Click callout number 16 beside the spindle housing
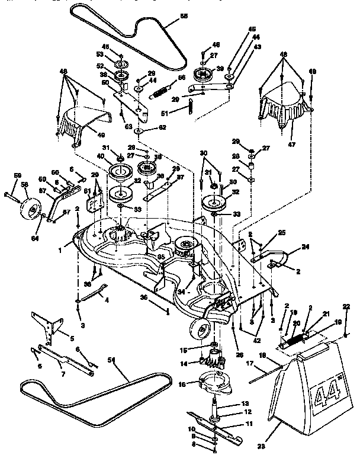click(182, 384)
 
